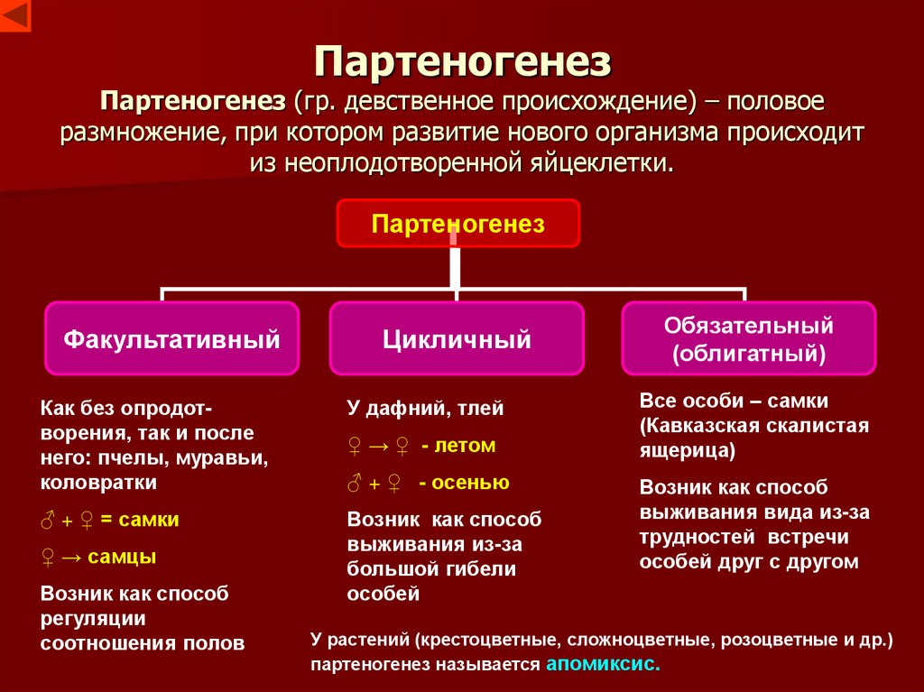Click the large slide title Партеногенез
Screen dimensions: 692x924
point(463,62)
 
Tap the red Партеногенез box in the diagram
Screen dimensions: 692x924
point(458,224)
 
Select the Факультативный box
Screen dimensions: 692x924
point(171,339)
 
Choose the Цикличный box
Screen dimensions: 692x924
point(457,339)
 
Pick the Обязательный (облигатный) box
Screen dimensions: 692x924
point(748,338)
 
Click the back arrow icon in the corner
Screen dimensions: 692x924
point(15,15)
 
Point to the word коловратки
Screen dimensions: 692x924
point(98,482)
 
